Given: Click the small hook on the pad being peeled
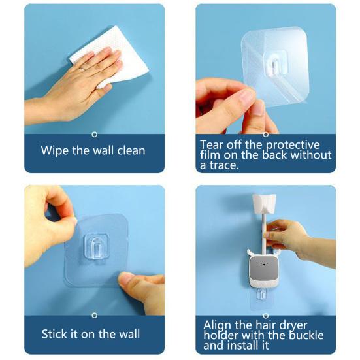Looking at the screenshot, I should pos(275,60).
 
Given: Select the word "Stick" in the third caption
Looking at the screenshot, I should pos(56,334).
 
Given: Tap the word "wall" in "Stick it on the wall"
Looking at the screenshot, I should pos(129,334).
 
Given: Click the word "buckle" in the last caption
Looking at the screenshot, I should pos(299,335).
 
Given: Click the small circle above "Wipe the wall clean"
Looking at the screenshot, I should pos(95,134).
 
